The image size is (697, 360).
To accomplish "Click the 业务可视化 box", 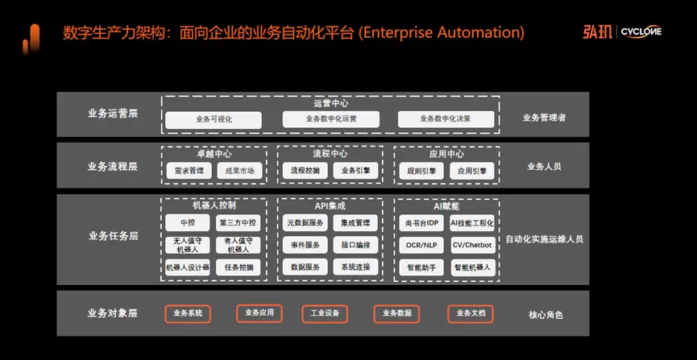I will [x=214, y=119].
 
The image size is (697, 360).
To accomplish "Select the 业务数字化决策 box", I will [x=446, y=119].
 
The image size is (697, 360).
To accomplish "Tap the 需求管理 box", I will [x=189, y=171].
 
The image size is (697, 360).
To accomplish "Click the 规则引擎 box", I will [x=420, y=171].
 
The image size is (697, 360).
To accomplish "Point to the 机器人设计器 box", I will [x=189, y=267].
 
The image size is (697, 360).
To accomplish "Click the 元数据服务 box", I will [x=305, y=222].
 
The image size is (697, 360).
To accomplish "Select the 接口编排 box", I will [x=355, y=245].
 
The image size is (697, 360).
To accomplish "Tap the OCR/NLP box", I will [x=420, y=245].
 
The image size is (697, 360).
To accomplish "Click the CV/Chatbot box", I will [x=471, y=245].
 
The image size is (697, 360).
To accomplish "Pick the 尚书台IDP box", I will [x=420, y=222].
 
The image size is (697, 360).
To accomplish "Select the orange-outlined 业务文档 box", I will [x=471, y=313].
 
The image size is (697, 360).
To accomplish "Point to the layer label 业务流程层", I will [x=113, y=167].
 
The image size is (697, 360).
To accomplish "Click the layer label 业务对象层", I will [x=113, y=312].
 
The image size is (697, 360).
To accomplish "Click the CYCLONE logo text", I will [x=643, y=32].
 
